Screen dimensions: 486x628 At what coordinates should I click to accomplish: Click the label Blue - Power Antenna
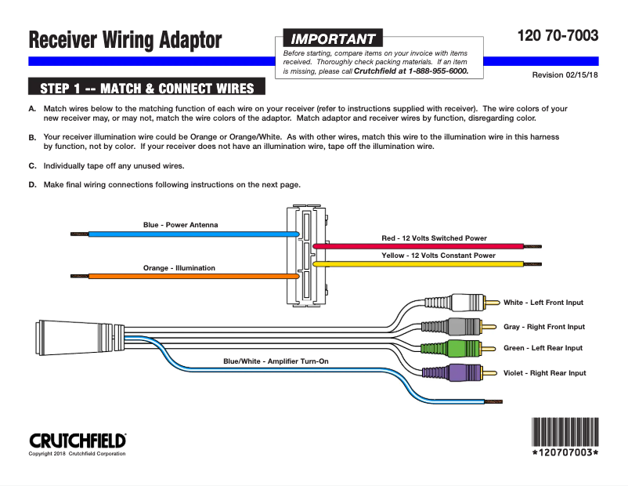pos(180,225)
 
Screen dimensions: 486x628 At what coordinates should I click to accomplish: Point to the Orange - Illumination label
pos(179,268)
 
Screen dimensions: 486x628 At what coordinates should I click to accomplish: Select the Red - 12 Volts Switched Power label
pos(434,238)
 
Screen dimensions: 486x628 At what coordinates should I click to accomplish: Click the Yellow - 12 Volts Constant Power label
pos(438,256)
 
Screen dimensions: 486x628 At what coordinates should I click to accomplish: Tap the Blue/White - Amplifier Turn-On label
pos(276,361)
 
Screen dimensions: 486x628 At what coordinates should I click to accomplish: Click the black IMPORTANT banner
pos(332,38)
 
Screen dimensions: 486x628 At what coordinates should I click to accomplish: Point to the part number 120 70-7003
pos(558,35)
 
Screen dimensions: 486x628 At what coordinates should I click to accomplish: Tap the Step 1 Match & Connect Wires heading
pos(146,87)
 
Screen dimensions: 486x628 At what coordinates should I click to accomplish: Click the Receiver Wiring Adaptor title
pos(125,39)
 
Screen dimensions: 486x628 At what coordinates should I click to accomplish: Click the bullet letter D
pos(32,185)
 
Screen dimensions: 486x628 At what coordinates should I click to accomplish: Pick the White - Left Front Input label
pos(543,303)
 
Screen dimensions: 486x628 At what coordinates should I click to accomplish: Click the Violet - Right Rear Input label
pos(544,373)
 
